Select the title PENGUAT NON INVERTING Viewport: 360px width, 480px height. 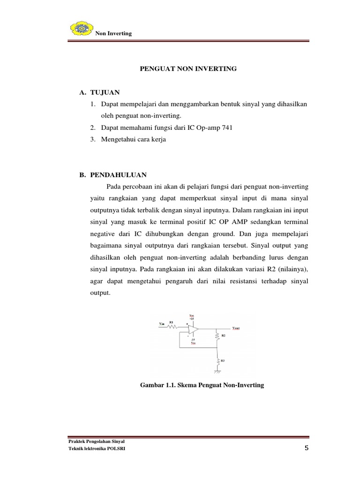point(189,69)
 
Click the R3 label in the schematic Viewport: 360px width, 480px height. point(223,360)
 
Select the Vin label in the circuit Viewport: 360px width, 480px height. point(162,323)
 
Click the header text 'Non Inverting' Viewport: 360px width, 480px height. point(113,33)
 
